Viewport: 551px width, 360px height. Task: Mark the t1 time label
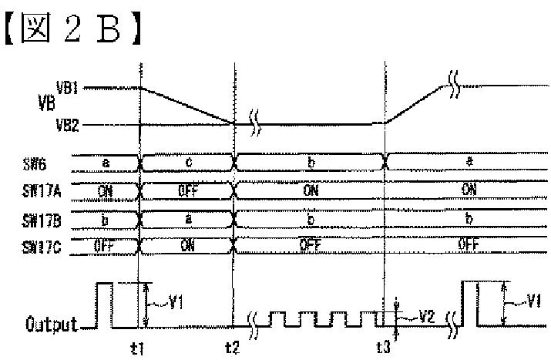(138, 348)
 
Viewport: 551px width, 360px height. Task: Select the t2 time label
(231, 348)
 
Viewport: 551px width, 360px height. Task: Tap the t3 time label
(383, 348)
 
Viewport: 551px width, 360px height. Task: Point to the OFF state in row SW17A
(188, 190)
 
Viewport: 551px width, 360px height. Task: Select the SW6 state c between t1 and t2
(188, 163)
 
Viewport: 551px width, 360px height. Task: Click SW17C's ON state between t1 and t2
(188, 247)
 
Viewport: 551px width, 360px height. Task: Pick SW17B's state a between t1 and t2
(188, 219)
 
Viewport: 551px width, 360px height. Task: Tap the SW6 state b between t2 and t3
(311, 163)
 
